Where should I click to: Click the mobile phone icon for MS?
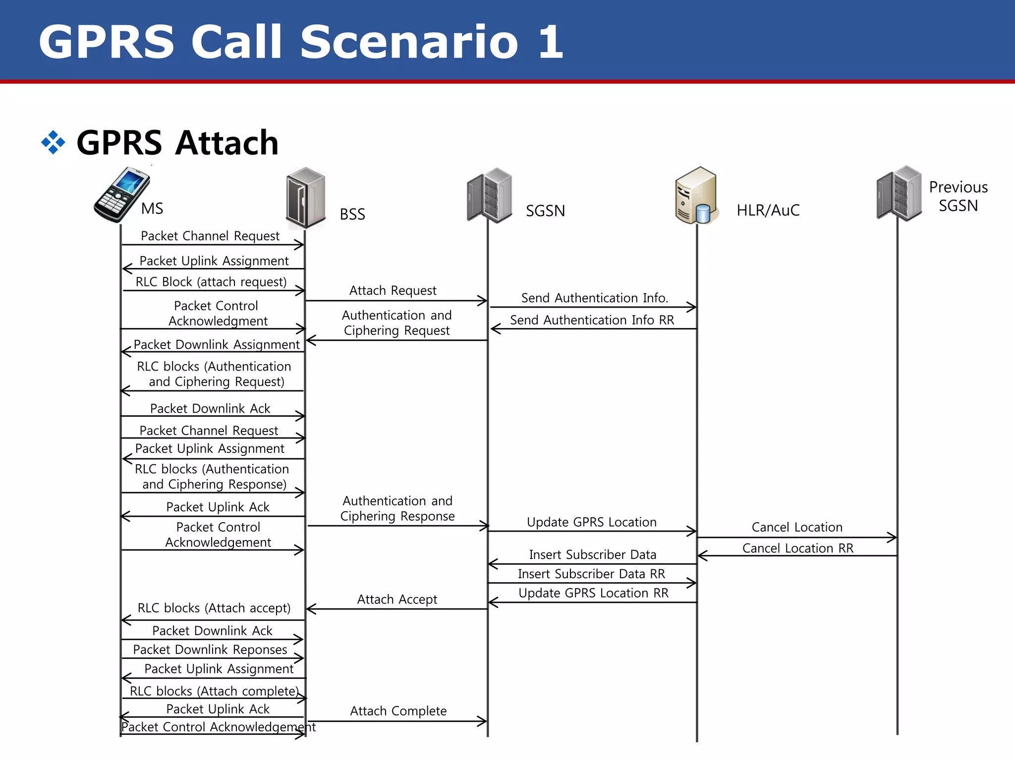coord(121,194)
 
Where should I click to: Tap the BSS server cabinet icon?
coord(306,198)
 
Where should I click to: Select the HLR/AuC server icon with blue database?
coord(696,196)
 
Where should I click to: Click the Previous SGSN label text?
coord(958,196)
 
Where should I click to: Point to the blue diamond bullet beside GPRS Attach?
coord(53,143)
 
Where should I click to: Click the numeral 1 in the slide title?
coord(551,42)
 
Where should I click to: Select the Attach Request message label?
coord(393,290)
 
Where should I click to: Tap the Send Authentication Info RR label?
coord(592,320)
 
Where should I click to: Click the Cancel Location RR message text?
coord(797,548)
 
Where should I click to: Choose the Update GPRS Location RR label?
coord(593,593)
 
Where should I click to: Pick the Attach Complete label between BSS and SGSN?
coord(398,711)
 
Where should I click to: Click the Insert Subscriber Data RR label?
coord(591,574)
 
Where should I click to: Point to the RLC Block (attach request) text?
coord(211,282)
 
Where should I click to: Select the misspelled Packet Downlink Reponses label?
coord(210,650)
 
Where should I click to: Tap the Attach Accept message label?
coord(397,599)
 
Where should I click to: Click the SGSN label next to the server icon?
coord(545,211)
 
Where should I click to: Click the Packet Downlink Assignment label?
coord(217,344)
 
